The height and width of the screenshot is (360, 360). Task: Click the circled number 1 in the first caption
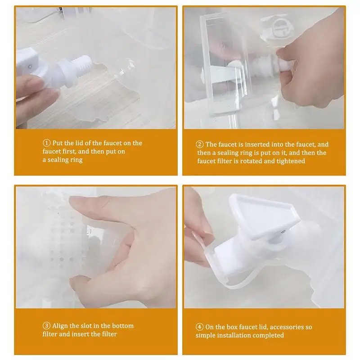pos(46,143)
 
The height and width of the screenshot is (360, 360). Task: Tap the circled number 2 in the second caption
pos(199,144)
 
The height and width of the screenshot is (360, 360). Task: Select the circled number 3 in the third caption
pos(46,326)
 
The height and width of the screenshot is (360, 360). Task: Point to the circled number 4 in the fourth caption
pos(199,327)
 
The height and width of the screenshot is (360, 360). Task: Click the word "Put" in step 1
pos(58,143)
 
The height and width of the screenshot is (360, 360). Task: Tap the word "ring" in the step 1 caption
pos(76,160)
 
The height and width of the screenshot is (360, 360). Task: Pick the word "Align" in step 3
pos(60,326)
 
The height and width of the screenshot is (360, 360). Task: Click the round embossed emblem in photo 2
pos(280,28)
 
